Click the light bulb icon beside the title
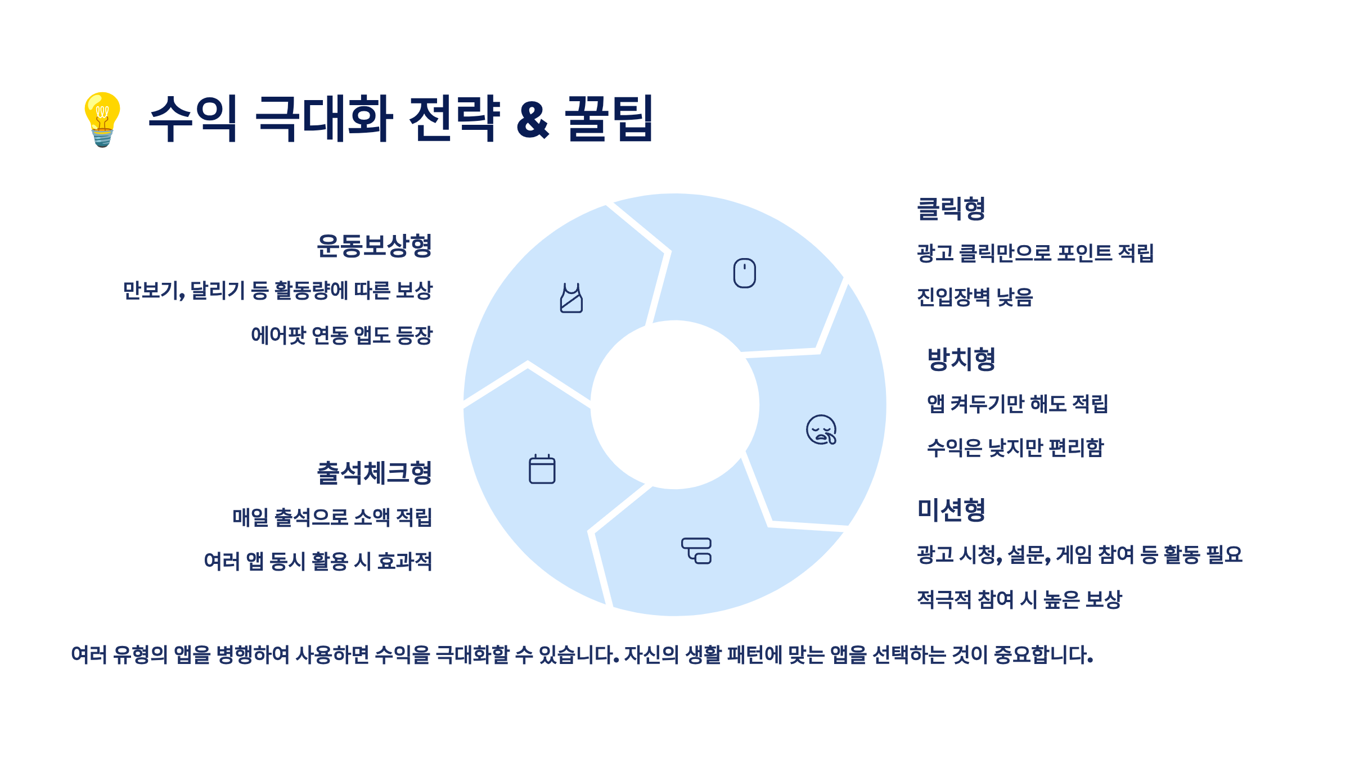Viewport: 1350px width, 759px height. pyautogui.click(x=102, y=119)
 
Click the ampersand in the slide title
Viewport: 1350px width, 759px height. pyautogui.click(x=532, y=120)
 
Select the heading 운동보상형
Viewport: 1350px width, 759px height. pyautogui.click(x=374, y=246)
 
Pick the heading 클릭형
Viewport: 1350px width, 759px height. pyautogui.click(x=951, y=209)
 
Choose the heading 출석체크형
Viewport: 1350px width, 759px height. pyautogui.click(x=374, y=473)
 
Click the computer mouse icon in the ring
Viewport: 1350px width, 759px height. pyautogui.click(x=744, y=273)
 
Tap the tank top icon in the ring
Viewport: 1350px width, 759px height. pyautogui.click(x=571, y=298)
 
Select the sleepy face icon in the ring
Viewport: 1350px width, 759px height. pyautogui.click(x=821, y=430)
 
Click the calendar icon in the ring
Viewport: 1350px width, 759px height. pyautogui.click(x=542, y=469)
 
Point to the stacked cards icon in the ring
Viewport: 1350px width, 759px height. pyautogui.click(x=696, y=551)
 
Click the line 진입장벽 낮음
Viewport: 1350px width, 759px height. pyautogui.click(x=975, y=297)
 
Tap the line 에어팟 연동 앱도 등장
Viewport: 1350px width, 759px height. pyautogui.click(x=341, y=336)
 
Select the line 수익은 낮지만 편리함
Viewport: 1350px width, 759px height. pyautogui.click(x=1015, y=448)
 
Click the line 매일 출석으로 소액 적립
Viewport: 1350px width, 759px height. pyautogui.click(x=332, y=517)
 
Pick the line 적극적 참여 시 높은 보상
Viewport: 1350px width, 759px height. pyautogui.click(x=1019, y=600)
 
